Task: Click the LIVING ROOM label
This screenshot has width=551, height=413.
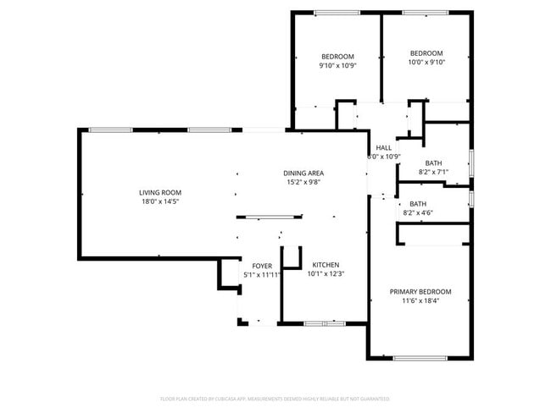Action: click(160, 192)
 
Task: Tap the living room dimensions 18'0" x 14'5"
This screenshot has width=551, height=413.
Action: click(160, 201)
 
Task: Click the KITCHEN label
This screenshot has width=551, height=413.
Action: click(326, 264)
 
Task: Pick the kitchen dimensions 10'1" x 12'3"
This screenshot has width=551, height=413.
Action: click(326, 273)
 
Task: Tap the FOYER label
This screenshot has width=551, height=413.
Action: click(261, 266)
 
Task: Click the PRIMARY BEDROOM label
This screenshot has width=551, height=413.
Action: click(420, 292)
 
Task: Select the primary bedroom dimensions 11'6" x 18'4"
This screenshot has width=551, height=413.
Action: click(420, 301)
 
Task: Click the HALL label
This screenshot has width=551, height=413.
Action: click(383, 147)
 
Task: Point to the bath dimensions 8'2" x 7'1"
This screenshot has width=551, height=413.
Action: click(433, 172)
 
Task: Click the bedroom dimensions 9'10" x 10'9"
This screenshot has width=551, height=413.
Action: click(337, 65)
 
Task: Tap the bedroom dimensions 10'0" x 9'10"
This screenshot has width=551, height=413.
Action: click(426, 62)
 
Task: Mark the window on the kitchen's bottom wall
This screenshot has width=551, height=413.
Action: click(325, 322)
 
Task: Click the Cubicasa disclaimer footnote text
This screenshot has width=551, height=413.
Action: click(275, 398)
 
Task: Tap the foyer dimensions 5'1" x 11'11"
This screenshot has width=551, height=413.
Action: click(261, 275)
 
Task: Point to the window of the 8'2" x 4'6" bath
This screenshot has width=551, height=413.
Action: click(471, 199)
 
